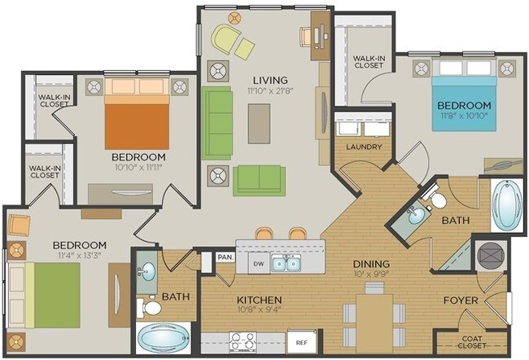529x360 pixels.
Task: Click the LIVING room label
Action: pos(270,79)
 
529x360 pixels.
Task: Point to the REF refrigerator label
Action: pos(301,344)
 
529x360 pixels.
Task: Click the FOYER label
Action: pos(460,300)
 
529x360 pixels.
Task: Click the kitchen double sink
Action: pos(285,263)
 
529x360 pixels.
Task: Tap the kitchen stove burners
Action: pos(243,340)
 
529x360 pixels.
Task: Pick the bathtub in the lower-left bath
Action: pos(163,338)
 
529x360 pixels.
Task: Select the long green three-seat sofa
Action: pos(218,123)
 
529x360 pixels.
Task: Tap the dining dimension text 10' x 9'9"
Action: pos(370,276)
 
